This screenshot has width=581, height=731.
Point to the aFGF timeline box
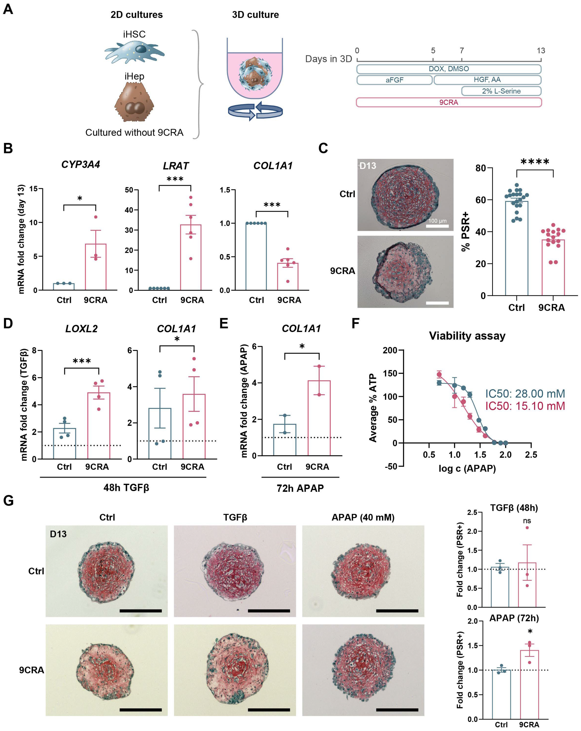tap(394, 80)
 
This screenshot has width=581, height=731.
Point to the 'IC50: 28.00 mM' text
tap(525, 394)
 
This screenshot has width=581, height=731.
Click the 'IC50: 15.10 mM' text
tap(525, 406)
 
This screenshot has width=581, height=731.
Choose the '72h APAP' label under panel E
tap(300, 488)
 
